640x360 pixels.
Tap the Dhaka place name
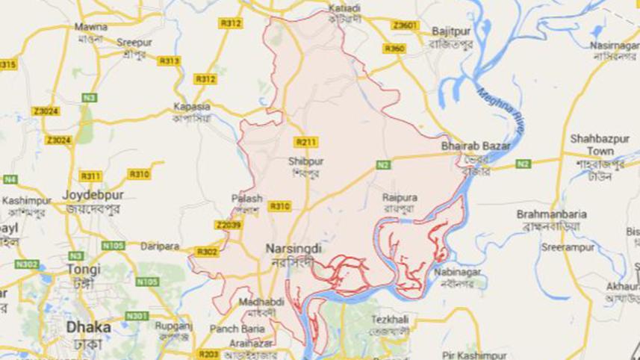pyautogui.click(x=88, y=326)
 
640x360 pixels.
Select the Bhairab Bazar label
pyautogui.click(x=476, y=146)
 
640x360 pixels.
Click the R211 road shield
pyautogui.click(x=305, y=142)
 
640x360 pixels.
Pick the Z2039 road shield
pyautogui.click(x=229, y=225)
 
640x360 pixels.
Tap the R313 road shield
pyautogui.click(x=170, y=61)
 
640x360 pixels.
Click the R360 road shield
pyautogui.click(x=394, y=49)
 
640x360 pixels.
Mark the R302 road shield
pyautogui.click(x=207, y=252)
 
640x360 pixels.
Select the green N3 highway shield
pyautogui.click(x=90, y=98)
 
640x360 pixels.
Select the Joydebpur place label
pyautogui.click(x=93, y=195)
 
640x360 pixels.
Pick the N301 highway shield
pyautogui.click(x=137, y=316)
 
